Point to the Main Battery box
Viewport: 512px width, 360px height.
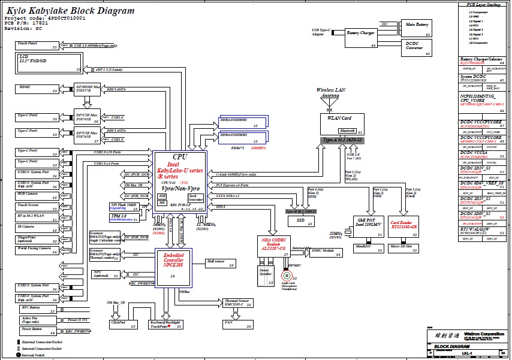click(417, 28)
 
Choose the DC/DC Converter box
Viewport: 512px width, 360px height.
click(417, 48)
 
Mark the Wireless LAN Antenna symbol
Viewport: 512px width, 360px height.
click(329, 105)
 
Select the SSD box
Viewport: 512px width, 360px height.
click(300, 222)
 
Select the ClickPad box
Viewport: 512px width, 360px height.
click(122, 323)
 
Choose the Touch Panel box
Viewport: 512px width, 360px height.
click(37, 45)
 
